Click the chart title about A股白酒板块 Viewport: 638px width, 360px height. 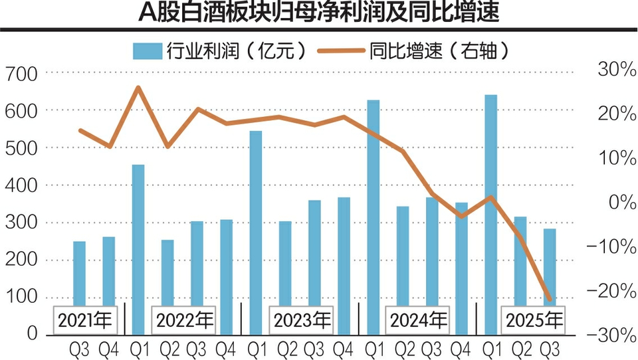tap(319, 13)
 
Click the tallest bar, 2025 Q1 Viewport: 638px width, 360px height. tap(491, 199)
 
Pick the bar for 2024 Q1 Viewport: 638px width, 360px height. tap(373, 206)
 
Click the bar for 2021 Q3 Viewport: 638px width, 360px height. tap(79, 272)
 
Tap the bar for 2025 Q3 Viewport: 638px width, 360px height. tap(550, 266)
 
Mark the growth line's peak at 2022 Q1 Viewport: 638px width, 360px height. tap(138, 87)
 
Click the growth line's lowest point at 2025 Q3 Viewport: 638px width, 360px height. tap(550, 300)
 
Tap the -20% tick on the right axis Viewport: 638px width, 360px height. tap(607, 291)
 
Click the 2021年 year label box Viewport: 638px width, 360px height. tap(84, 321)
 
